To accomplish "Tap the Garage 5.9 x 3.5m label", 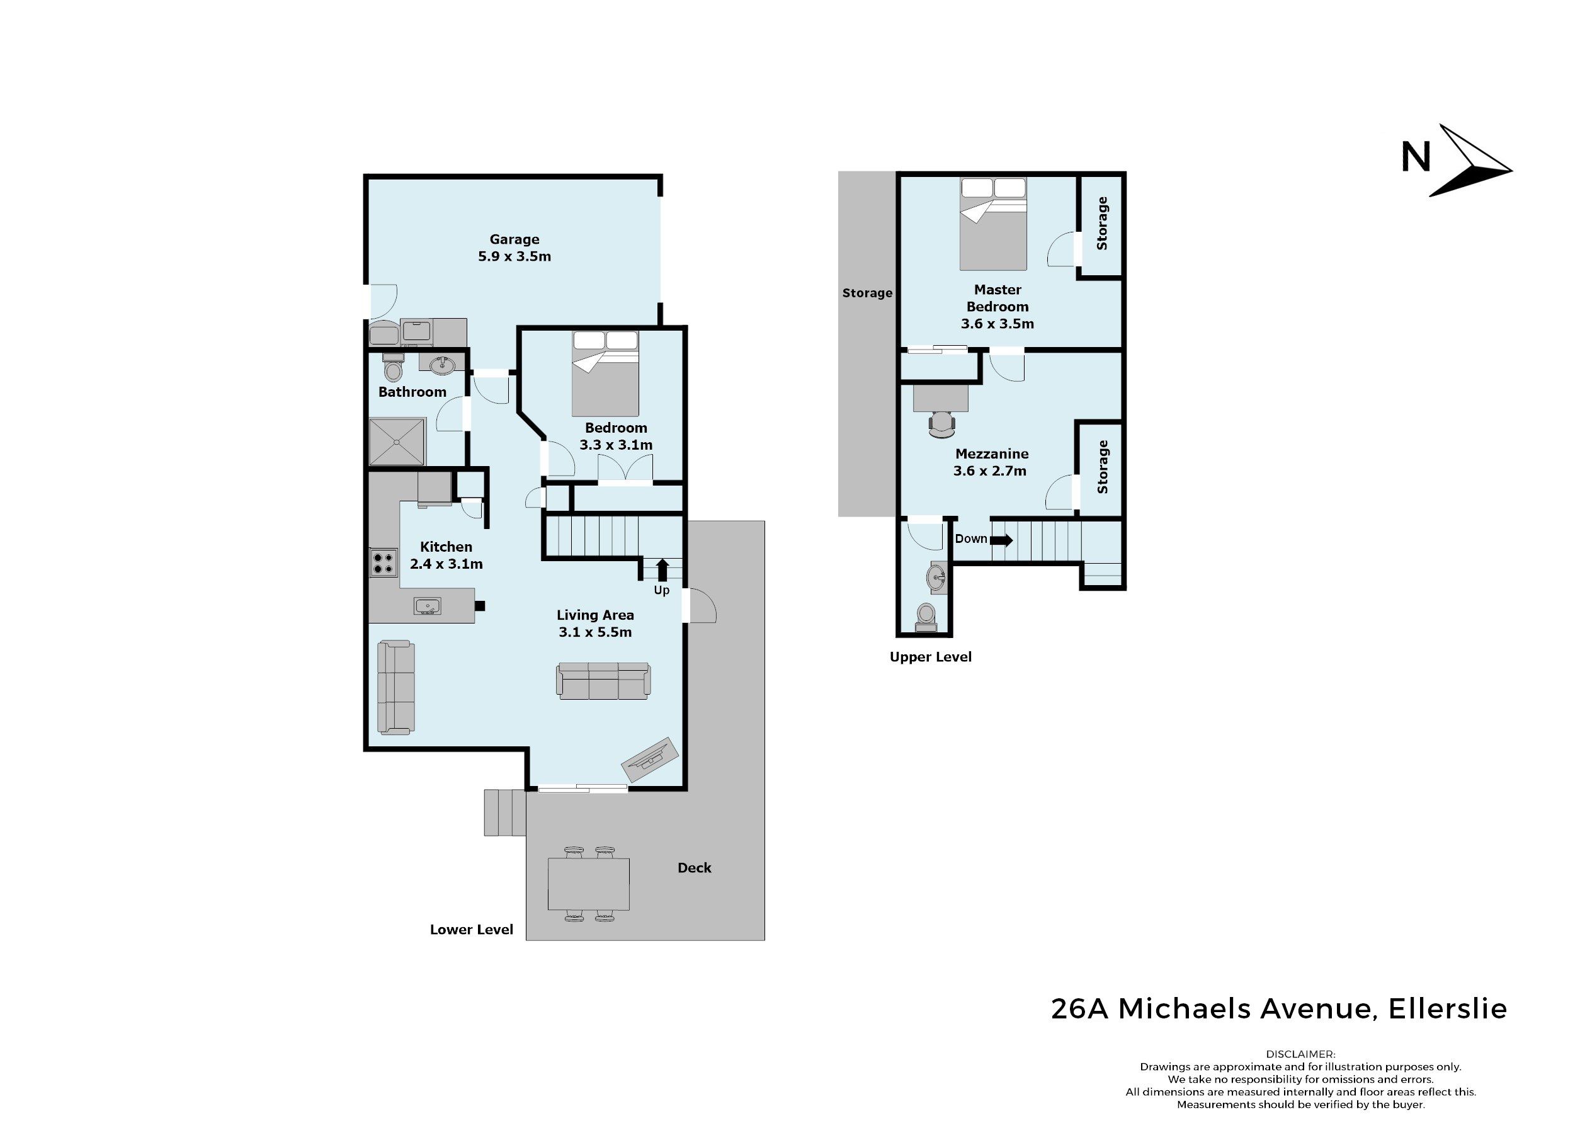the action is click(514, 248).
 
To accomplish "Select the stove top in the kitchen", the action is click(382, 563).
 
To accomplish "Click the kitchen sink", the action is click(426, 607).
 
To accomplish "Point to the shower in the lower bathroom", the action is click(396, 441).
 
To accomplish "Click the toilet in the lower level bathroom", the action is click(394, 367).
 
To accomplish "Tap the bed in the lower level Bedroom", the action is click(605, 373).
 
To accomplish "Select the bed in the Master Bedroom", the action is click(992, 223).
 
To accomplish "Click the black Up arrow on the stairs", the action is click(662, 569).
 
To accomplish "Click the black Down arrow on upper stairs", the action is click(1001, 540).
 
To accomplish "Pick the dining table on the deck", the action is click(589, 884).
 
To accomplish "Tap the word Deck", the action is click(695, 868).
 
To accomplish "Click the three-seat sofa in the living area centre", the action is click(603, 681).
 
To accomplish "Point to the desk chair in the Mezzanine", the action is click(941, 424).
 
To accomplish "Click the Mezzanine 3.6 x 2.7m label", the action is click(992, 462).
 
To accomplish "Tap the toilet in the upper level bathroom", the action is click(926, 617).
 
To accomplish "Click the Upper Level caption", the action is click(931, 656).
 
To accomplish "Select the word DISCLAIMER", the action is click(1300, 1054).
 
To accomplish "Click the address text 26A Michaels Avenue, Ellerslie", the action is click(1279, 1009).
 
